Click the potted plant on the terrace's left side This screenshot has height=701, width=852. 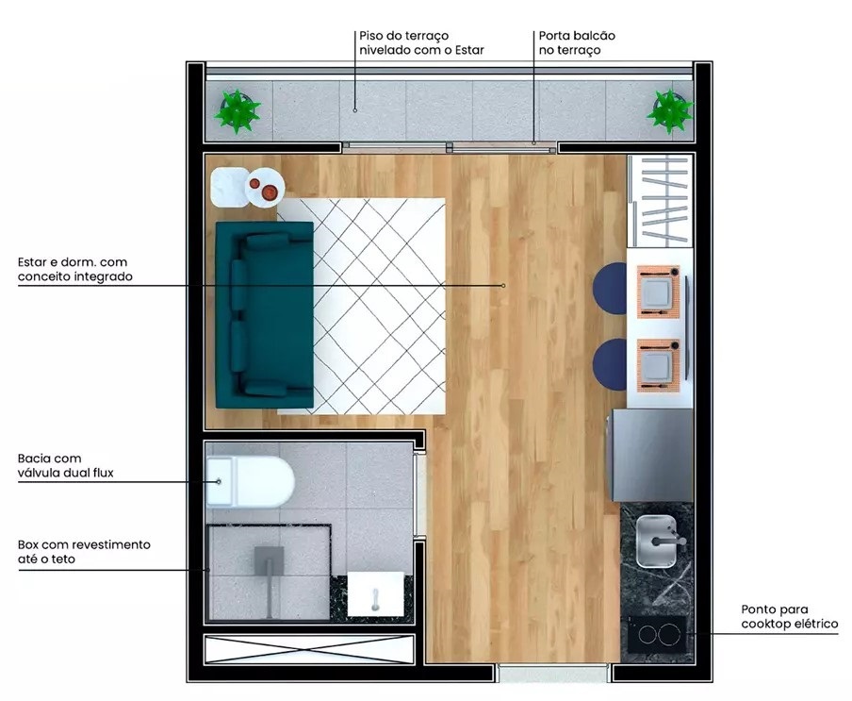coord(237,110)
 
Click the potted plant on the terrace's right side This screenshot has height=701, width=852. coord(669,110)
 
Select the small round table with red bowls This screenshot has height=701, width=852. coord(264,189)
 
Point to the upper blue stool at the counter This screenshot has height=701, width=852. coord(611,285)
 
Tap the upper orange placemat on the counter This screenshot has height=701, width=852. coord(659,288)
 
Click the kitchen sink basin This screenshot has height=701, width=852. coord(657,542)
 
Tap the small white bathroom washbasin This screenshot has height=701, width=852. coord(375,594)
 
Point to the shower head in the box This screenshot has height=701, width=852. coord(270,558)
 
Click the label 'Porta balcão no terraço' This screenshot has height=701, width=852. coord(577,42)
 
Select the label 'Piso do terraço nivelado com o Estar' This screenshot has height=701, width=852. coord(420,42)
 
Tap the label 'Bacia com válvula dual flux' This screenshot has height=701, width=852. coord(65,465)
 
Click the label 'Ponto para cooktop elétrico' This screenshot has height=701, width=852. coord(788,617)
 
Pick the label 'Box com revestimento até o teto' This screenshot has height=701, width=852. coord(83,552)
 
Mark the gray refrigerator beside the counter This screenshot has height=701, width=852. coord(651,456)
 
